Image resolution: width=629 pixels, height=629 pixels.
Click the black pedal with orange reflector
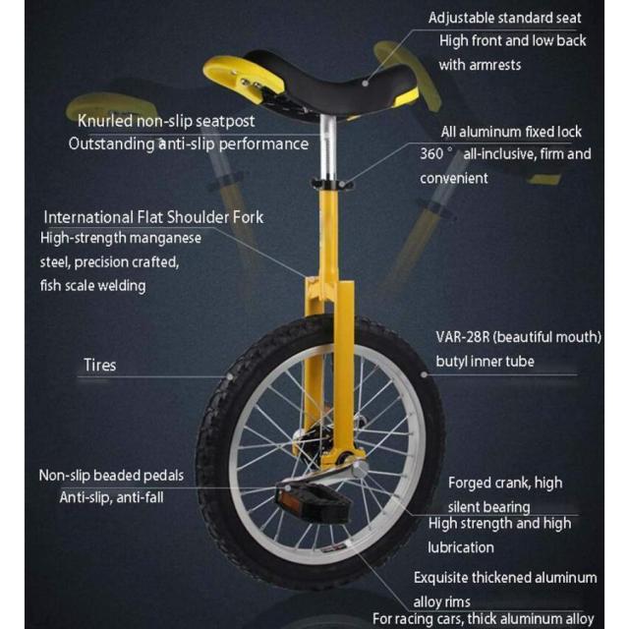pos(312,502)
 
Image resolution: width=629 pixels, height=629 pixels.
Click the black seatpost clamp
pos(332,184)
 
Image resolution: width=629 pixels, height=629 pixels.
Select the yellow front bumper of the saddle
pos(243,75)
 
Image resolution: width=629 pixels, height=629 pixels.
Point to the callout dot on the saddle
pos(365,84)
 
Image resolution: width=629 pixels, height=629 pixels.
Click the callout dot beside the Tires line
pos(230,376)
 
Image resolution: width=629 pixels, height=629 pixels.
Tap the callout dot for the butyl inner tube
pos(425,374)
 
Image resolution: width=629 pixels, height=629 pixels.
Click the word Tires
pos(100,365)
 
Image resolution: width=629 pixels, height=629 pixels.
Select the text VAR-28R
pos(463,337)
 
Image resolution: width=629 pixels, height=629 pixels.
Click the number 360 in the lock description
pos(431,153)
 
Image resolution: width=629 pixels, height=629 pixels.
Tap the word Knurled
pos(105,121)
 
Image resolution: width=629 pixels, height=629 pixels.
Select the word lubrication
pos(461,547)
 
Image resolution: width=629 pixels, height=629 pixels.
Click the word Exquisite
pos(441,578)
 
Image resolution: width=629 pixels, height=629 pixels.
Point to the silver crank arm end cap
pos(360,468)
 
